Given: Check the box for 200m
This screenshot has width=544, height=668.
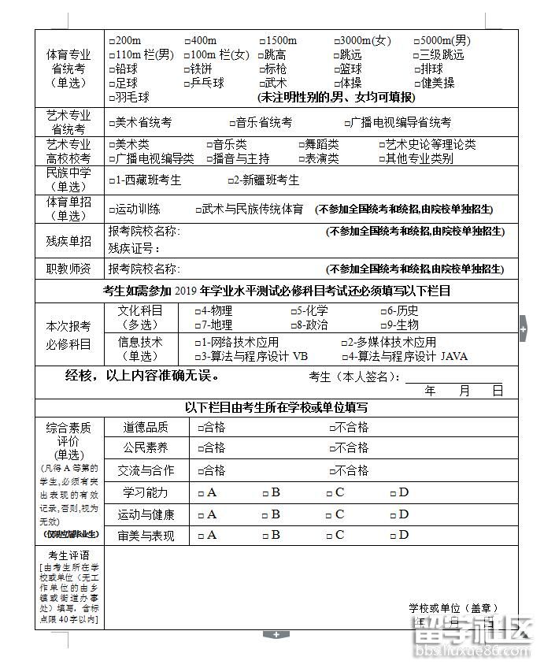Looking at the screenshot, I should pyautogui.click(x=111, y=41).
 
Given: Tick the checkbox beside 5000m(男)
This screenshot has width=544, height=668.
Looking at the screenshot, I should pyautogui.click(x=417, y=41).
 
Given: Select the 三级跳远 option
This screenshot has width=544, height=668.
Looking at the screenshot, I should pyautogui.click(x=417, y=55).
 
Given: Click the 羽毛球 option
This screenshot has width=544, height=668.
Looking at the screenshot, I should pyautogui.click(x=111, y=97).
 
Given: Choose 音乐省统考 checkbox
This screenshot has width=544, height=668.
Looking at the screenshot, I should pyautogui.click(x=232, y=123).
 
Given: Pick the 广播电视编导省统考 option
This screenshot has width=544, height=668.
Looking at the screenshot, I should pyautogui.click(x=347, y=123).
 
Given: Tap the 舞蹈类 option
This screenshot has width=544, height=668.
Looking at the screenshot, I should pyautogui.click(x=302, y=145).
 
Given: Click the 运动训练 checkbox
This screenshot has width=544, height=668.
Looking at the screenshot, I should pyautogui.click(x=111, y=210).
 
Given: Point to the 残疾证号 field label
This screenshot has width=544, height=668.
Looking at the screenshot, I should pyautogui.click(x=134, y=248).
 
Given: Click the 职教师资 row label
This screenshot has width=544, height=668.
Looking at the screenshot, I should pyautogui.click(x=68, y=269).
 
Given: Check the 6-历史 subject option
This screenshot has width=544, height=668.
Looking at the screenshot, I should pyautogui.click(x=383, y=311).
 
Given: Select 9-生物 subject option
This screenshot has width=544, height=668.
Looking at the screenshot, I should pyautogui.click(x=383, y=325).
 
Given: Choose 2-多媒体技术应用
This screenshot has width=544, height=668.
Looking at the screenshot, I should pyautogui.click(x=344, y=343).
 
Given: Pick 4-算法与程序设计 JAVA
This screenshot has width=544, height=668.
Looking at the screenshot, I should pyautogui.click(x=344, y=356).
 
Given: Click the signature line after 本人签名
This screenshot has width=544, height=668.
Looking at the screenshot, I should pyautogui.click(x=453, y=378).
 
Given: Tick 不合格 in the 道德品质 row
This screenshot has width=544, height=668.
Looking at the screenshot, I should pyautogui.click(x=332, y=428).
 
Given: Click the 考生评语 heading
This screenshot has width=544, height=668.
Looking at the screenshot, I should pyautogui.click(x=68, y=555).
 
